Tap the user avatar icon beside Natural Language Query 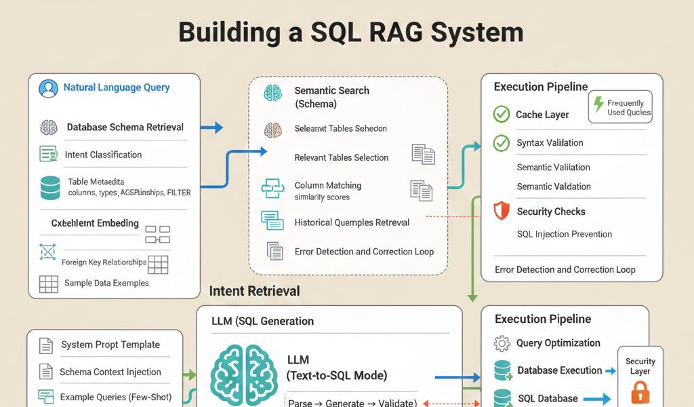(48, 88)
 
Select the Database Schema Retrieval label (125, 127)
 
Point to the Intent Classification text (103, 155)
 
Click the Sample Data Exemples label (106, 283)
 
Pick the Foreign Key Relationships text (104, 263)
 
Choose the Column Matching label (327, 185)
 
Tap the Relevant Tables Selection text (341, 157)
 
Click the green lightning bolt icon (598, 104)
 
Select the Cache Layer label (542, 115)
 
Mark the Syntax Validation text (550, 143)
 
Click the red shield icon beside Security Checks (501, 211)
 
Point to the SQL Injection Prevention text (564, 234)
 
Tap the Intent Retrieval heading (254, 291)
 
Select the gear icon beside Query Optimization (502, 343)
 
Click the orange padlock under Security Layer (640, 393)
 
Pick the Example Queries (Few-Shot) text (115, 397)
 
